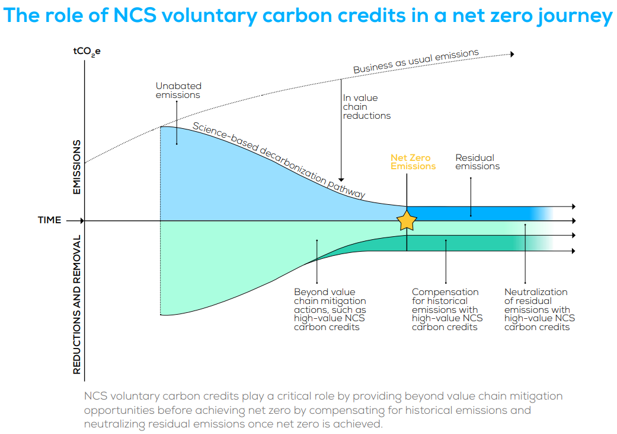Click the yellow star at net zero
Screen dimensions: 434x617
[x=407, y=220]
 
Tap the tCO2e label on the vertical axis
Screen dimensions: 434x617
[x=87, y=52]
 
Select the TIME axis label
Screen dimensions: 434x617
[x=50, y=220]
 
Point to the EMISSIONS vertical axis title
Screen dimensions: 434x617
[x=77, y=167]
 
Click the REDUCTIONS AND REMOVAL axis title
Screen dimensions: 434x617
[x=77, y=304]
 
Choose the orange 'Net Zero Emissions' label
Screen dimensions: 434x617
[x=413, y=162]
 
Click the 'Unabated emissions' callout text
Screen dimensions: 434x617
[x=178, y=90]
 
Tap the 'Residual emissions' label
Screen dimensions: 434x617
[x=477, y=162]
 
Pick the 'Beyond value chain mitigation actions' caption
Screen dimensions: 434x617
[x=330, y=309]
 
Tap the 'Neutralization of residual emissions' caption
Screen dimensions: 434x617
[x=539, y=309]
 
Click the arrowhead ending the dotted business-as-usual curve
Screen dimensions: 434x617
[x=512, y=54]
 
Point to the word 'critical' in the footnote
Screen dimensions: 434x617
[x=278, y=396]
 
